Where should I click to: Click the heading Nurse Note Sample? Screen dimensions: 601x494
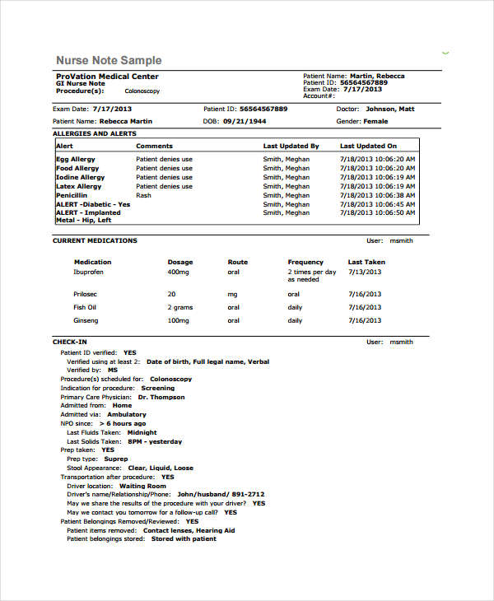[x=109, y=61]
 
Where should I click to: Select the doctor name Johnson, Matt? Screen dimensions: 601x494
[x=390, y=109]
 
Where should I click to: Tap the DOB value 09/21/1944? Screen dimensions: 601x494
[x=244, y=121]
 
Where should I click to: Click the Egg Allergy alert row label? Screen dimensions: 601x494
[x=76, y=159]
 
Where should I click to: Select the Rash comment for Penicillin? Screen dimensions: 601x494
[x=143, y=195]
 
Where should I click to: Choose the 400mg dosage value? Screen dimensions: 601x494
[x=178, y=271]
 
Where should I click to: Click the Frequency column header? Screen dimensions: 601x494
[x=305, y=262]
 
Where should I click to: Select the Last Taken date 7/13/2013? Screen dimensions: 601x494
[x=365, y=271]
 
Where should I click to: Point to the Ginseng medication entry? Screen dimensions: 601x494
[x=86, y=320]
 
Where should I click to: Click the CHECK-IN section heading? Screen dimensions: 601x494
[x=70, y=342]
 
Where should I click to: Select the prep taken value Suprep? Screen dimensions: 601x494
[x=116, y=459]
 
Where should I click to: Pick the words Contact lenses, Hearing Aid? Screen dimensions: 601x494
[x=189, y=531]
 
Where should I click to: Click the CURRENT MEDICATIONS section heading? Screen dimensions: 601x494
[x=95, y=241]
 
